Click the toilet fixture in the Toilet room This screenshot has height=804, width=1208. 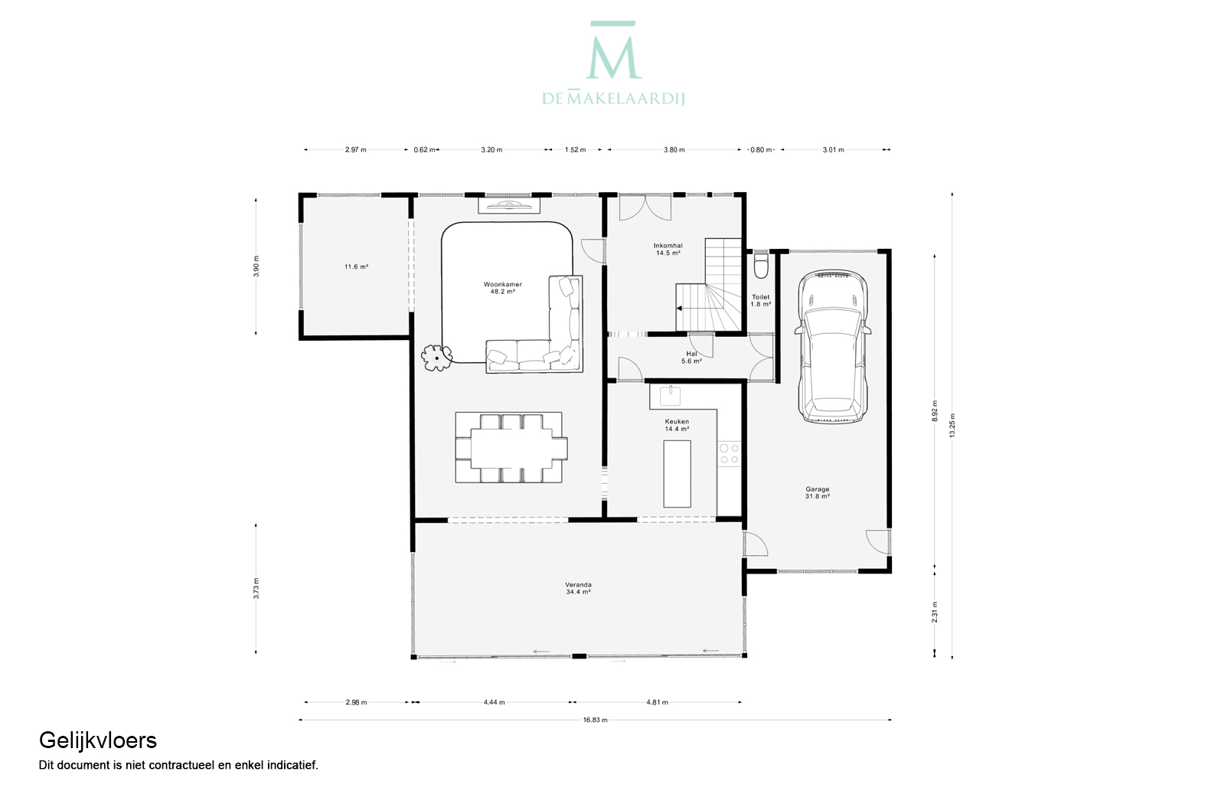(761, 264)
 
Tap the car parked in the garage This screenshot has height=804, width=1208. (833, 346)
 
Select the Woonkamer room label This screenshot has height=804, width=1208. (503, 284)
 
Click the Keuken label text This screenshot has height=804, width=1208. (677, 421)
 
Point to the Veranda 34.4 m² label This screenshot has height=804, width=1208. (578, 588)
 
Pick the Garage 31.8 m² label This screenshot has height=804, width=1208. (818, 492)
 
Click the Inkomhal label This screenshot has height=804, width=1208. (668, 246)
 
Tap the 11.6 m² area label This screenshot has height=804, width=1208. (357, 266)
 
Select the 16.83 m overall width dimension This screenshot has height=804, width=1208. (595, 720)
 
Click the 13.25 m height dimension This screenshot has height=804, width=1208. (952, 425)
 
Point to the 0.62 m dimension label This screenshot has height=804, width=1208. (424, 150)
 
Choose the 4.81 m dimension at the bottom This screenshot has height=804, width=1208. (657, 703)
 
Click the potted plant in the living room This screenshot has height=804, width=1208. (436, 358)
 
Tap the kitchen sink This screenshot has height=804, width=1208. (670, 396)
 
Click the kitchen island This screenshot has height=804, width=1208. (677, 474)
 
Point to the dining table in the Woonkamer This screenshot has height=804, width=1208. (511, 448)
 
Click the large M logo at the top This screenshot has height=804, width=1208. (613, 51)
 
